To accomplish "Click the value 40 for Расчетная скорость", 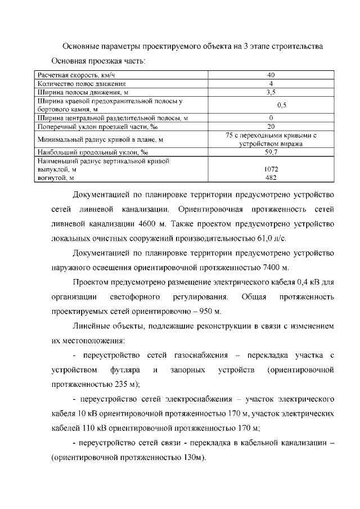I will (x=271, y=75).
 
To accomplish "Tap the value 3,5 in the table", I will (x=271, y=92).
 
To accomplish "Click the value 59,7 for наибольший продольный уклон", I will (x=271, y=152).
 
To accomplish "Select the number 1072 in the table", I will (x=271, y=169).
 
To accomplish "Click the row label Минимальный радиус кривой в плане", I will (x=100, y=139).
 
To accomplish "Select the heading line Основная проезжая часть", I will (x=98, y=60).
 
